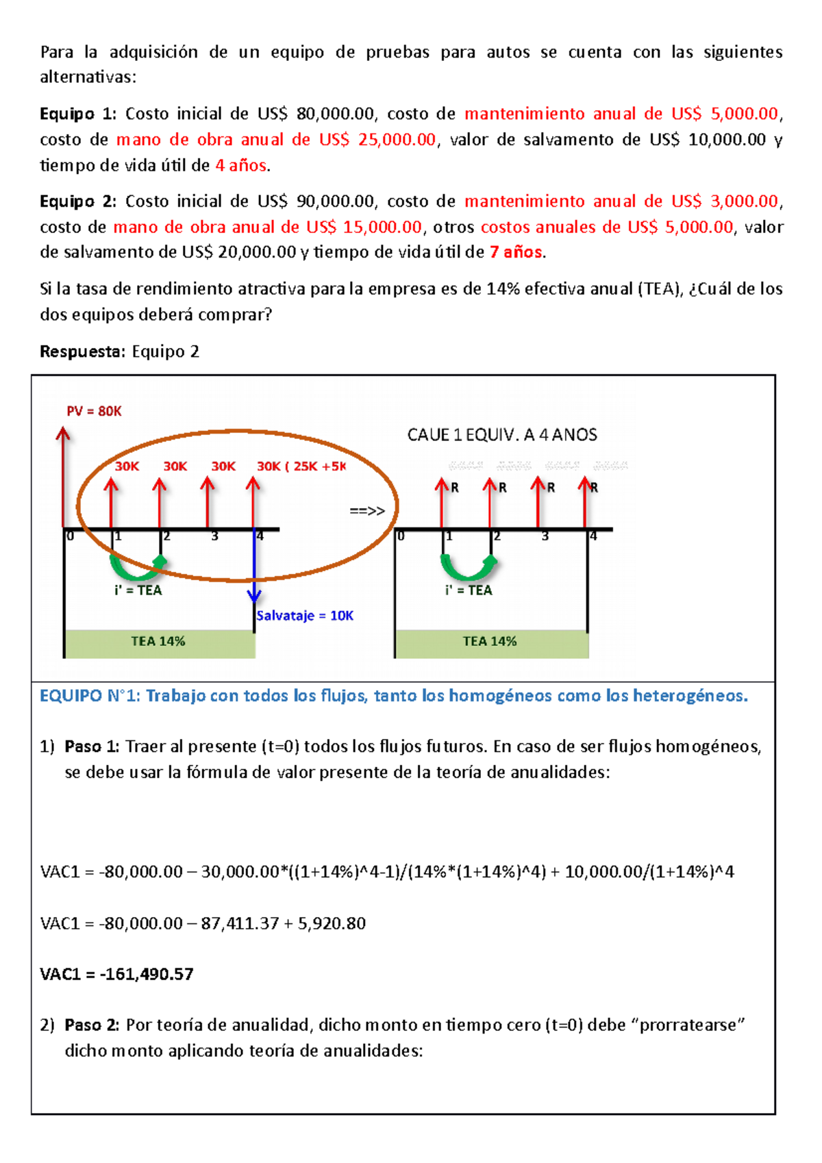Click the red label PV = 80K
pos(94,411)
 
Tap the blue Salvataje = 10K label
pos(305,615)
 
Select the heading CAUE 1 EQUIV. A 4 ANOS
pos(502,435)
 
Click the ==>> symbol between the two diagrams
pos(367,510)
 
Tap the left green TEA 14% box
pos(159,642)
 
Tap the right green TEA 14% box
pos(490,642)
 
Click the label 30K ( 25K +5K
pos(301,466)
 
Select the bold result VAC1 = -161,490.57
pos(116,974)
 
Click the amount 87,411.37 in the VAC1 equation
pos(240,923)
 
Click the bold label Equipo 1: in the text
pos(78,114)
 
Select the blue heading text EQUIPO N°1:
pos(90,696)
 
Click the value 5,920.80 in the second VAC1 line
pos(332,923)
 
